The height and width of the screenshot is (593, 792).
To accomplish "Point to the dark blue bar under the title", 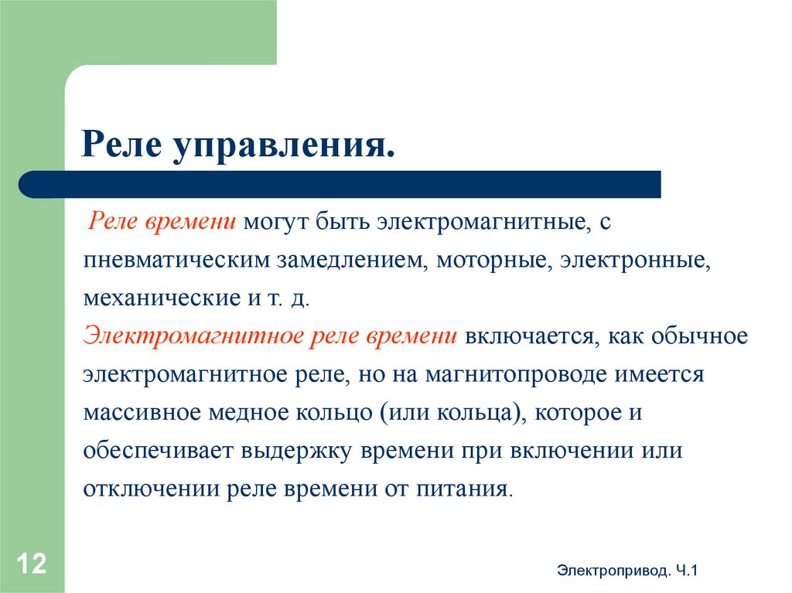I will [340, 184].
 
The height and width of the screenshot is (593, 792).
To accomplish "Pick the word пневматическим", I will [176, 260].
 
